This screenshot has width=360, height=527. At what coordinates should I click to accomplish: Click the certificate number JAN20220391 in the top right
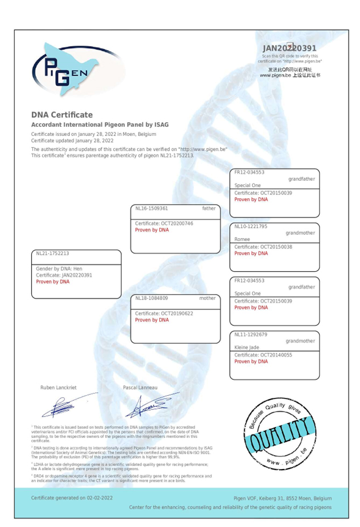pyautogui.click(x=289, y=48)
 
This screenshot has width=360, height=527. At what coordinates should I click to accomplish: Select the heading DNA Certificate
pyautogui.click(x=61, y=115)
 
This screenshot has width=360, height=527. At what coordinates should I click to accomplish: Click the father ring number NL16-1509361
pyautogui.click(x=152, y=209)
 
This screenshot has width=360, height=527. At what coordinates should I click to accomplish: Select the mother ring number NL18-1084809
pyautogui.click(x=152, y=298)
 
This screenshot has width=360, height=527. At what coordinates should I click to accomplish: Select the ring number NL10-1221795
pyautogui.click(x=251, y=226)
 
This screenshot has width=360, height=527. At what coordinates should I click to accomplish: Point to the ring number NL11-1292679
pyautogui.click(x=251, y=334)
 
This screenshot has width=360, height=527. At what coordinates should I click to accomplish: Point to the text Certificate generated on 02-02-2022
pyautogui.click(x=72, y=497)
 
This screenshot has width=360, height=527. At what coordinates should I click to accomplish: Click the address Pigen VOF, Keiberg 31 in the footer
pyautogui.click(x=258, y=497)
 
